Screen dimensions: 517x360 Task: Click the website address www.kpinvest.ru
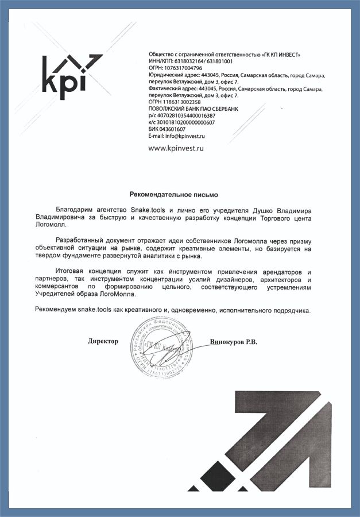176,148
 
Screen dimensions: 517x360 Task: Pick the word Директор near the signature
103,341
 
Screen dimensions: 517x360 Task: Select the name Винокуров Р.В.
234,342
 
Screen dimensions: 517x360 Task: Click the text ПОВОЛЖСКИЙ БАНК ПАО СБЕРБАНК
192,109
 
